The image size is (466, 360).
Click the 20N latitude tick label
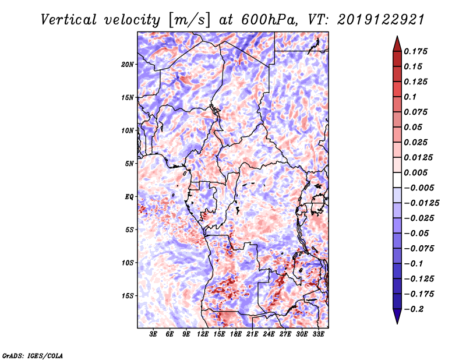click(128, 64)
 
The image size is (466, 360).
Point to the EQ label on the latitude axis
click(129, 196)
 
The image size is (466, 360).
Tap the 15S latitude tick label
click(128, 295)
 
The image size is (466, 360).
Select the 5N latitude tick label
click(129, 163)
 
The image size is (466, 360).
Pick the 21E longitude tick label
click(252, 334)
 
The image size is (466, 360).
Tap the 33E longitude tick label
click(318, 334)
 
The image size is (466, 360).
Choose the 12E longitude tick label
click(203, 334)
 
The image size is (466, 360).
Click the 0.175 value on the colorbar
click(417, 51)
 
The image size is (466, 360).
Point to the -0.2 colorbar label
click(416, 309)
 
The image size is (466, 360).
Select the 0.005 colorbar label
click(417, 172)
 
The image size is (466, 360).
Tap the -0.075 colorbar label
click(419, 248)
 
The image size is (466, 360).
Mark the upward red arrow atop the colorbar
click(396, 43)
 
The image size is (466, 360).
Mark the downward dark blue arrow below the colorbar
click(396, 316)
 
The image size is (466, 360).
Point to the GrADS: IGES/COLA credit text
click(33, 355)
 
